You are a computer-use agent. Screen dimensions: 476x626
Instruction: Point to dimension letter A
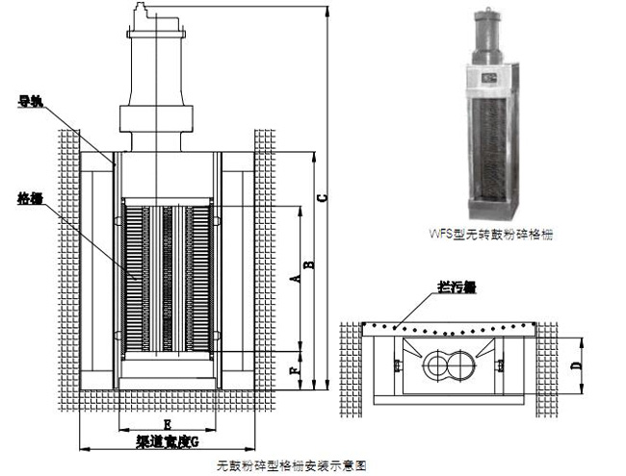click(x=297, y=278)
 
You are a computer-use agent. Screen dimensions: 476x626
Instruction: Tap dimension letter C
click(x=325, y=199)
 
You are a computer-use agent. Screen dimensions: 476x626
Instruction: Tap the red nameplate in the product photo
click(x=491, y=77)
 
